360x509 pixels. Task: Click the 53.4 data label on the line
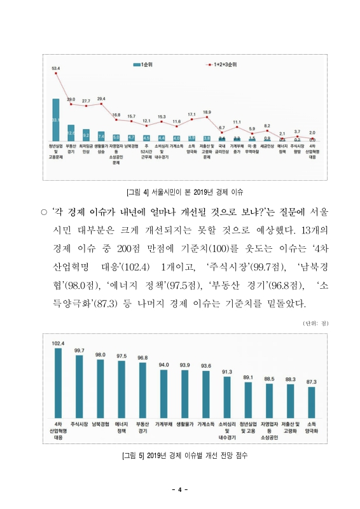(56, 68)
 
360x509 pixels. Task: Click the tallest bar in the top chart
(56, 120)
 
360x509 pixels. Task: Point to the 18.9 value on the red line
(207, 112)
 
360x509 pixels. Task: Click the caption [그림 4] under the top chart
(185, 191)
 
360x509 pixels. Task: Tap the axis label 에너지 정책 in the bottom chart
(121, 427)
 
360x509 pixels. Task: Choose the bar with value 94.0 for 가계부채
(163, 392)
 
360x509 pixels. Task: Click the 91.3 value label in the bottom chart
(227, 372)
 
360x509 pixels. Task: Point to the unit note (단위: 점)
(315, 324)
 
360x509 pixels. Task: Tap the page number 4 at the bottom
(180, 489)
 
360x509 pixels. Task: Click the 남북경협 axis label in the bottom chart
(100, 424)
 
